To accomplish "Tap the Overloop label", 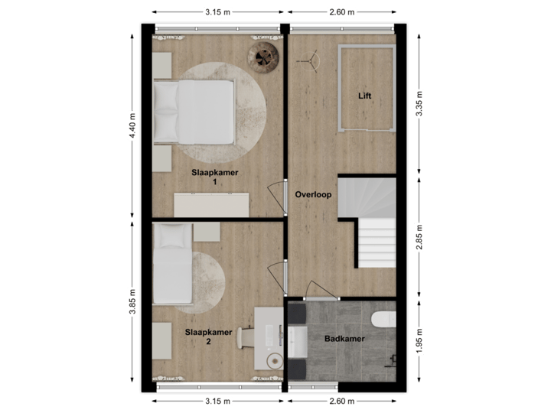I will pos(313,195).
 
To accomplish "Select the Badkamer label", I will pos(344,339).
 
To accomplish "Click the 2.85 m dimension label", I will pos(419,237).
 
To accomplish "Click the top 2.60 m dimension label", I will pos(341,11).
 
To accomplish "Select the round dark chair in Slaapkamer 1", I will pos(263,57).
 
